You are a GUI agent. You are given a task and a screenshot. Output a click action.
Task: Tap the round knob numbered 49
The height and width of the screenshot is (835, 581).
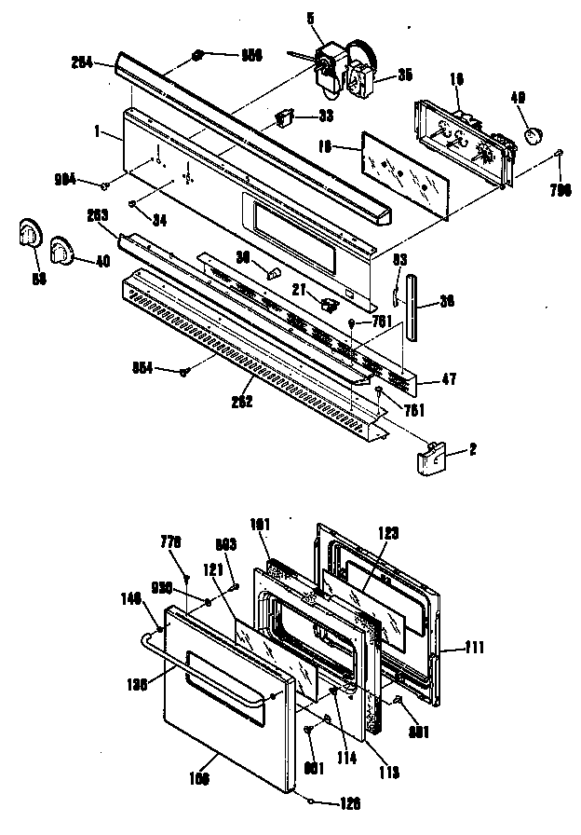click(533, 136)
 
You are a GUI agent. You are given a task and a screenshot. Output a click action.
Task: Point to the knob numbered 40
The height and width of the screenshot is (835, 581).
click(64, 249)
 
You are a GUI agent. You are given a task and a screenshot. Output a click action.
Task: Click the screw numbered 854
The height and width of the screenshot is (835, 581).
click(184, 372)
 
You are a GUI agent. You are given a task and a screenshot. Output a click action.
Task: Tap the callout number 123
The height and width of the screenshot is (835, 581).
click(388, 534)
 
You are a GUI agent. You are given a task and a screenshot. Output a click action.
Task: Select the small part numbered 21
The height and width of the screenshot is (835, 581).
click(327, 303)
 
